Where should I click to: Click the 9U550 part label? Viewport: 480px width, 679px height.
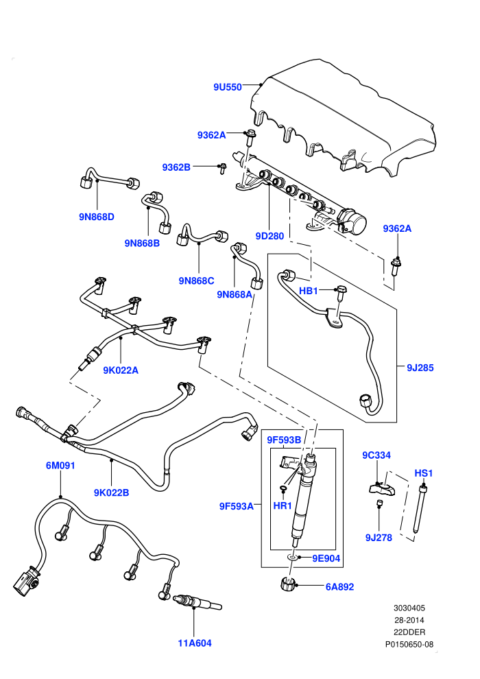click(227, 87)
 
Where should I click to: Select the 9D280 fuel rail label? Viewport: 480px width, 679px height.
click(269, 236)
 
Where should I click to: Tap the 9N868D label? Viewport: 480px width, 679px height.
click(97, 217)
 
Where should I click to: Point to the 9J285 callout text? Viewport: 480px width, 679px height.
click(420, 368)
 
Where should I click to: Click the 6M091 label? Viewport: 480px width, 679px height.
click(60, 466)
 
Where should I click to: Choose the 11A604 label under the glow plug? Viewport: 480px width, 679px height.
click(195, 643)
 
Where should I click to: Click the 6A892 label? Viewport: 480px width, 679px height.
click(339, 587)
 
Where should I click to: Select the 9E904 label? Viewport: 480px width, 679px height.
click(326, 558)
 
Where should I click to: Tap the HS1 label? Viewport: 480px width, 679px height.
click(424, 473)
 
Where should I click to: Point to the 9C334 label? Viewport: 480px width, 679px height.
click(376, 455)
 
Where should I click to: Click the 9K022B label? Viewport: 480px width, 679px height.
click(111, 493)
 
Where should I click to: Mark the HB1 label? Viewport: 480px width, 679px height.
click(309, 291)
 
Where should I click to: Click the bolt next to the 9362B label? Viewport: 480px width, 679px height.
click(222, 168)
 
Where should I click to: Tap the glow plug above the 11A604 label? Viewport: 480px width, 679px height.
click(197, 602)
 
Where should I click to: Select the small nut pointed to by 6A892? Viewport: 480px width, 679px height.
click(288, 584)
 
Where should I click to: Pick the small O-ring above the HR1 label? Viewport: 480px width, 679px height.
click(283, 490)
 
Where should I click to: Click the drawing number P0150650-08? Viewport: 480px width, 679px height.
click(409, 644)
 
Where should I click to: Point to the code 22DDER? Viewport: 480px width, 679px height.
click(409, 632)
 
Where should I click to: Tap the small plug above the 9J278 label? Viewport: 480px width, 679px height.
click(379, 503)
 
